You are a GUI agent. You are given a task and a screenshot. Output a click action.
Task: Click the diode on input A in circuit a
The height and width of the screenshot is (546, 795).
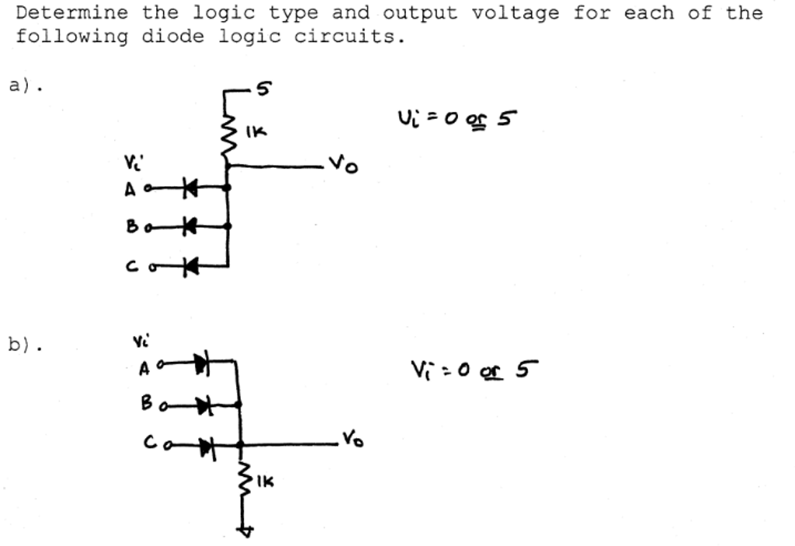click(189, 187)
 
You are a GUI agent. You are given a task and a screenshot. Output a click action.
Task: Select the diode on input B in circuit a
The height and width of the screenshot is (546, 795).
click(189, 226)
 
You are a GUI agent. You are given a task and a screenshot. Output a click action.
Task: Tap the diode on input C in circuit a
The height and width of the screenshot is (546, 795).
click(189, 266)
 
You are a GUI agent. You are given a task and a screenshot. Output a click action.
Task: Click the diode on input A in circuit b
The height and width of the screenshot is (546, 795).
click(202, 361)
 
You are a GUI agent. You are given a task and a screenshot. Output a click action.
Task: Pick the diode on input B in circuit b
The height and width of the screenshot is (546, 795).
click(203, 404)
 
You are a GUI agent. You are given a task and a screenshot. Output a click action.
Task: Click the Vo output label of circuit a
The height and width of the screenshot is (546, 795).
click(343, 165)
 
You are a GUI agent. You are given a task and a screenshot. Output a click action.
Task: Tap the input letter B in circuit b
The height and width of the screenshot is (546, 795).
click(147, 404)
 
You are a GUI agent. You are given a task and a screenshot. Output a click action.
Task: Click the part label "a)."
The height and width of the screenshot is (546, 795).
click(26, 85)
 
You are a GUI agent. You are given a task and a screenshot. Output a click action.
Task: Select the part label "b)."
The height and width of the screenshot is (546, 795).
click(26, 344)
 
